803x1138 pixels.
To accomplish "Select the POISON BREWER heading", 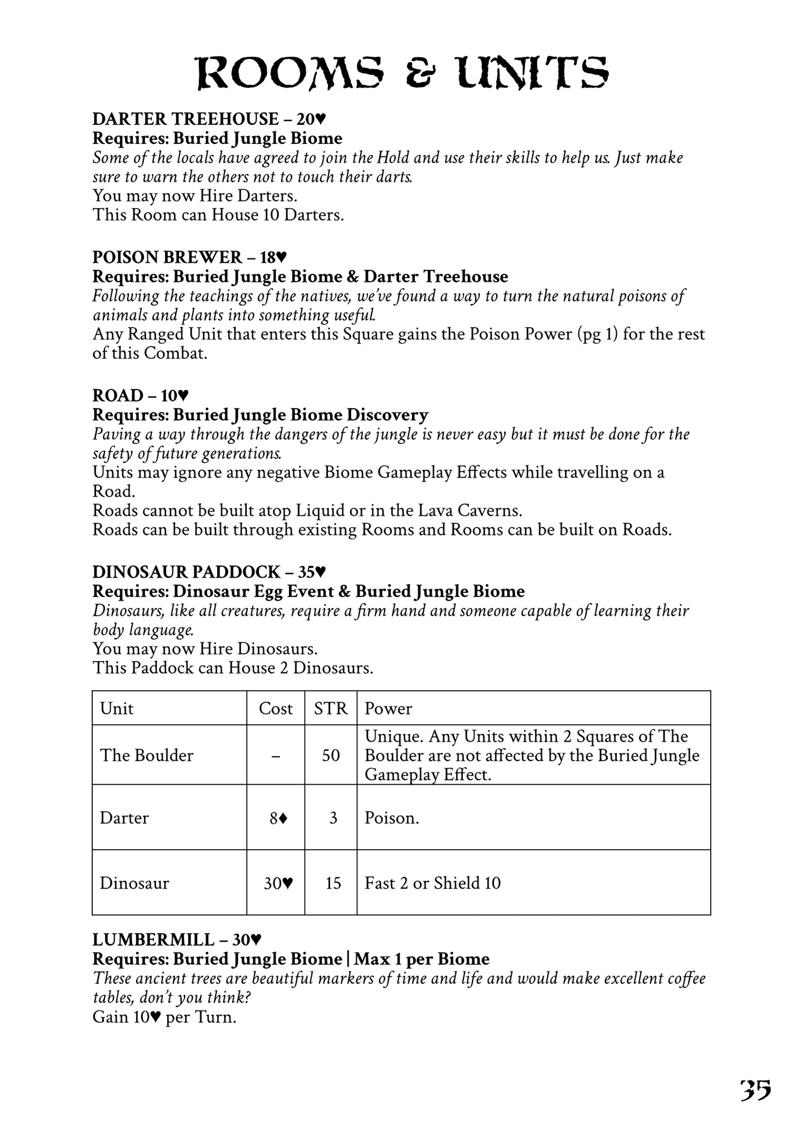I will (189, 257).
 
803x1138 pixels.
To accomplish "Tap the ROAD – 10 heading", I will (141, 395).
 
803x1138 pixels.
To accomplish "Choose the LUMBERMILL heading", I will (177, 940).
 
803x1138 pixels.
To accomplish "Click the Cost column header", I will (276, 709).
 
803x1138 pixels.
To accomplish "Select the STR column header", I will (331, 709).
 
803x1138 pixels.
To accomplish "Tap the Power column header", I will (388, 709).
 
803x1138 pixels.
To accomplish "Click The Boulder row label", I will (147, 755).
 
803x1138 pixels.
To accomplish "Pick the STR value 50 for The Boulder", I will (331, 755).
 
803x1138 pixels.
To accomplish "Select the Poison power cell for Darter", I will (392, 818).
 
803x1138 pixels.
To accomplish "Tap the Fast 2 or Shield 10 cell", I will (432, 883).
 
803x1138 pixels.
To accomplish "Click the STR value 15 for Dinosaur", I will (333, 883).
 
